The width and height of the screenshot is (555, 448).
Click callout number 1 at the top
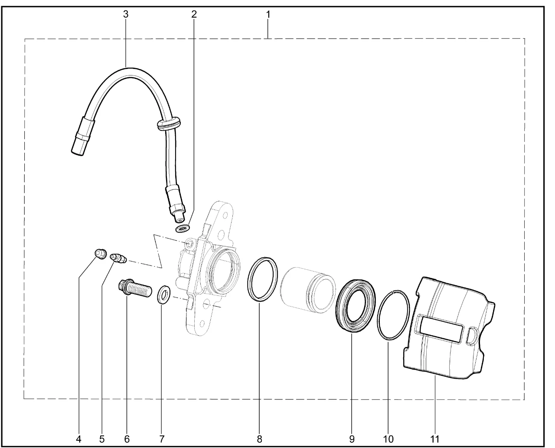coord(268,14)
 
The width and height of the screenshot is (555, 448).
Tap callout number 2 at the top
coord(194,14)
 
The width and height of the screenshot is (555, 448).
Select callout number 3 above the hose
coord(126,14)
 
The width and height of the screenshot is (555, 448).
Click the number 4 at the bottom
coord(78,439)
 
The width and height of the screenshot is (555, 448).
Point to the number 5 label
coord(102,439)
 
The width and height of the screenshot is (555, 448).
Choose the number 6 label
coord(127,439)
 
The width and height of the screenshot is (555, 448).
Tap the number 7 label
coord(162,439)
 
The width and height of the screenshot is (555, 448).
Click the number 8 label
coord(260,439)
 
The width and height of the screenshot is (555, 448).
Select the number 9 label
coord(352,439)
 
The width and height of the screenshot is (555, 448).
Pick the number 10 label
coord(388,439)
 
